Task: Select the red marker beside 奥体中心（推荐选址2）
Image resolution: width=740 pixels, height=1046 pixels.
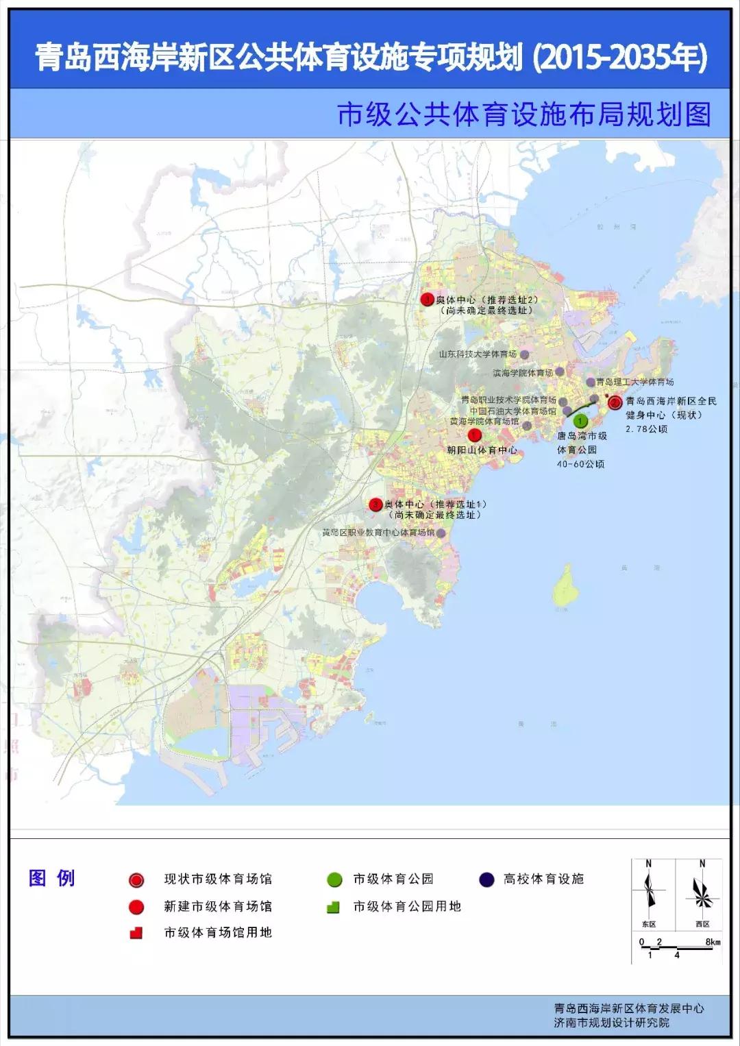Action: (428, 300)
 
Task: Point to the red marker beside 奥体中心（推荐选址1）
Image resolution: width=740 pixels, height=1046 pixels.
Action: (375, 504)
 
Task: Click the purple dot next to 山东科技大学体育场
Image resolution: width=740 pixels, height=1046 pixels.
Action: (524, 354)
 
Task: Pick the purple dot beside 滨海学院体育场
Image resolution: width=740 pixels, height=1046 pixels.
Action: (560, 372)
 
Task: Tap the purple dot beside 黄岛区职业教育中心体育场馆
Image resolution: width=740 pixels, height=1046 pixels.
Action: (441, 533)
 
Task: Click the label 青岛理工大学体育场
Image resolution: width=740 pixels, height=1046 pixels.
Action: (634, 382)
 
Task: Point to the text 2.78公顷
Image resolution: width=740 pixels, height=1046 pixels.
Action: (646, 429)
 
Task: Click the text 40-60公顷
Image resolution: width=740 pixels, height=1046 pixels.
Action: (580, 464)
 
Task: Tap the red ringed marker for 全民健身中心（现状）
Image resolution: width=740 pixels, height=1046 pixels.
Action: (615, 403)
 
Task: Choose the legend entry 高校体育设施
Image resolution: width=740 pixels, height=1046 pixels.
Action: (543, 879)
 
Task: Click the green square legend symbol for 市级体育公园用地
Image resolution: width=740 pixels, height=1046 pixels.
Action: (334, 907)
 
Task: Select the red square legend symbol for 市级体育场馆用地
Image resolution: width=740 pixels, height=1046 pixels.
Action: (136, 933)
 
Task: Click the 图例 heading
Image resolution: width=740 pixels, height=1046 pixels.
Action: (52, 878)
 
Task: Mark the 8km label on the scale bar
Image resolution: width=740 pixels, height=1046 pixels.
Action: (713, 942)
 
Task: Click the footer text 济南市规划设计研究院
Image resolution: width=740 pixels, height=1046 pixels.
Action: (612, 1023)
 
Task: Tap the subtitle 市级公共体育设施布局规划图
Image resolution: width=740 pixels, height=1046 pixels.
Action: (524, 115)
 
